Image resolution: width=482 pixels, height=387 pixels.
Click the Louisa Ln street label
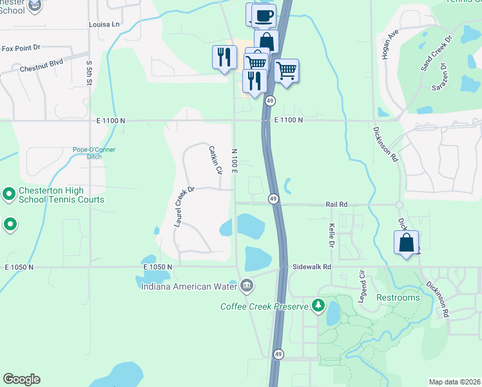click(104, 25)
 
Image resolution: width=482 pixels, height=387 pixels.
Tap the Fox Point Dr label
click(21, 48)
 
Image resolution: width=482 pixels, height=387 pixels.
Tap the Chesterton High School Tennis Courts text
click(61, 195)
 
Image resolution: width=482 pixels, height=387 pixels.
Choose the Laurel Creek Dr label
click(184, 206)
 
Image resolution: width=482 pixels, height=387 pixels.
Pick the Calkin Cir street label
click(215, 160)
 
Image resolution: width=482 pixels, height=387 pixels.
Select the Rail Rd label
click(336, 204)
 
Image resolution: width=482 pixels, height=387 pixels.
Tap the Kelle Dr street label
click(332, 235)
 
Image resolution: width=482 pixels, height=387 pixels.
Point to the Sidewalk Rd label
click(313, 266)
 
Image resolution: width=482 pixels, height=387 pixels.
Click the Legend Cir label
click(362, 287)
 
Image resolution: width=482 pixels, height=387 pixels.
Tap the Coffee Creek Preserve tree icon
click(317, 305)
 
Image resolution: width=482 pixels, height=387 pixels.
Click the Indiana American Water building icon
click(246, 285)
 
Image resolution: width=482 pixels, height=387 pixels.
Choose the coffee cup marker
click(264, 15)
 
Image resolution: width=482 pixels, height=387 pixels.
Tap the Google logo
click(21, 379)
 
